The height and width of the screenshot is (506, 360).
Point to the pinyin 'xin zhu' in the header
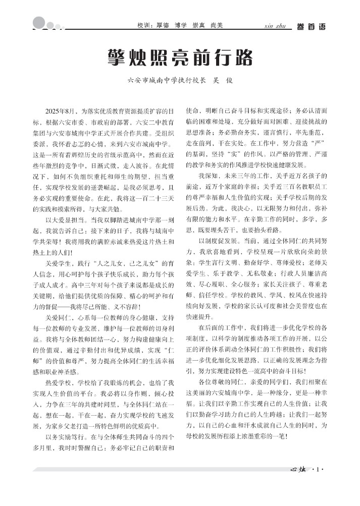click(x=275, y=25)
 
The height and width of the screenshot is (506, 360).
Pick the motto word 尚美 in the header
click(x=217, y=25)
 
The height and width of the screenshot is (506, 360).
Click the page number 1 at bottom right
click(x=318, y=473)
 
